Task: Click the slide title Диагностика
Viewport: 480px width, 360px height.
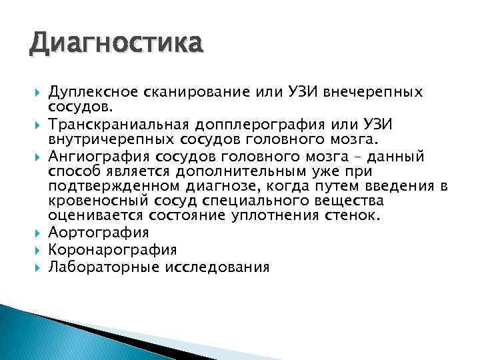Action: click(115, 45)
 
